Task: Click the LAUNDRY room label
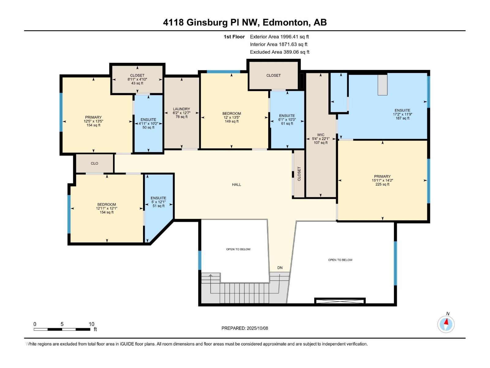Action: click(x=181, y=109)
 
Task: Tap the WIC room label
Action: click(x=321, y=135)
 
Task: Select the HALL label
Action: click(x=236, y=185)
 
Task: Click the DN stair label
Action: click(x=280, y=268)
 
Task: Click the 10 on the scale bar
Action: click(x=91, y=324)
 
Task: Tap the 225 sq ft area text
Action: click(x=382, y=184)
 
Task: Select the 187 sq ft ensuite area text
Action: click(x=402, y=118)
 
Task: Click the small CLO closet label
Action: click(x=94, y=163)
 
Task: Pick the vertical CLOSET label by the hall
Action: click(x=299, y=174)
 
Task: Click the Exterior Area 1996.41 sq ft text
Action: click(x=279, y=37)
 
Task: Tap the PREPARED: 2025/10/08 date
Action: click(x=245, y=328)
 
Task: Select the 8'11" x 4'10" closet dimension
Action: click(x=137, y=79)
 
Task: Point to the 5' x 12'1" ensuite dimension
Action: click(x=158, y=202)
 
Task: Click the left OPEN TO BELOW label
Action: click(x=238, y=249)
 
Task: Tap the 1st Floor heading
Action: click(x=234, y=37)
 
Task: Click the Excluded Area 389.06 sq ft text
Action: click(x=280, y=52)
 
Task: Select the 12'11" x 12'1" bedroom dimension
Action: click(x=107, y=208)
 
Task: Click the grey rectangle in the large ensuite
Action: click(x=382, y=84)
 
